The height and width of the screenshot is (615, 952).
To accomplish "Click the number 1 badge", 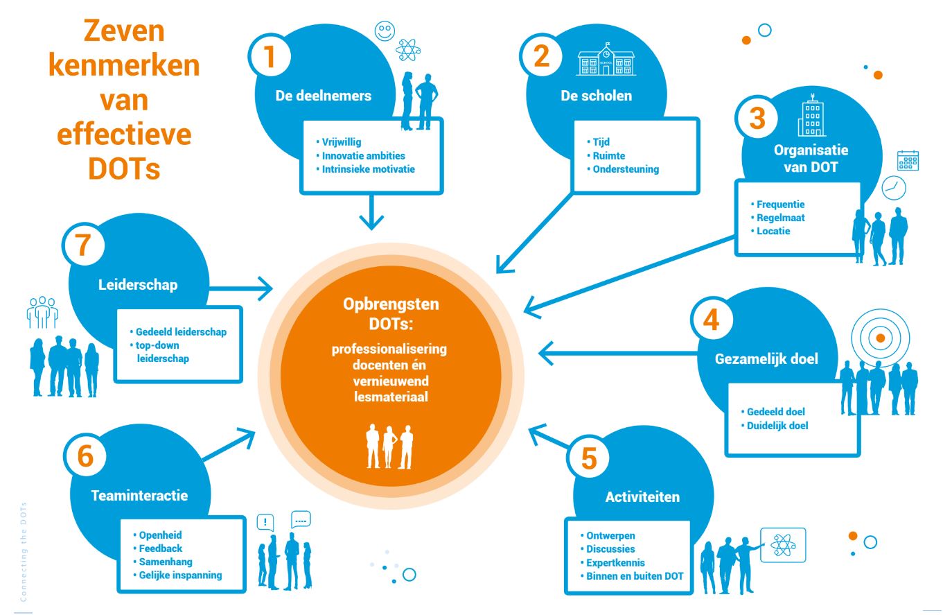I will (270, 56).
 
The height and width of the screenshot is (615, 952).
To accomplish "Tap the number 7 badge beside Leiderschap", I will (83, 245).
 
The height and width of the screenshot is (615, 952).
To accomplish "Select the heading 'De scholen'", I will (596, 96).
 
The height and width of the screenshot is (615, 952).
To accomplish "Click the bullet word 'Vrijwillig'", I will (341, 142).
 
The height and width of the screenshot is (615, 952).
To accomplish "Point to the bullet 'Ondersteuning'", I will (626, 169).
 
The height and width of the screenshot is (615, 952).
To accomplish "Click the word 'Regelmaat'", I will (780, 218).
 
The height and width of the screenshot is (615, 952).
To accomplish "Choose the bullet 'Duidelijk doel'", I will (777, 426).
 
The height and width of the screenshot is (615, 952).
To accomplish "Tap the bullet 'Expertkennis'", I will (615, 563).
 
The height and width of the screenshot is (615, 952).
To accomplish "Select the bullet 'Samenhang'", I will (166, 562).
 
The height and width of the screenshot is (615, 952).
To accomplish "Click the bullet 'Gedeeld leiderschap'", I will (181, 332).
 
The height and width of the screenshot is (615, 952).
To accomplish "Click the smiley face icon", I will (384, 31).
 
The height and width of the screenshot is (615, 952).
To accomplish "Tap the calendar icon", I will (908, 160).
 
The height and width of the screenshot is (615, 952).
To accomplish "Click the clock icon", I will (894, 188).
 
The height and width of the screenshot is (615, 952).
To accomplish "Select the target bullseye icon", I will (879, 338).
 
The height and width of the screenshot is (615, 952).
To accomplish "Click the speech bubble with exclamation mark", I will (265, 522).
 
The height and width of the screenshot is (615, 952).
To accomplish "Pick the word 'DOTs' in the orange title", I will (124, 168).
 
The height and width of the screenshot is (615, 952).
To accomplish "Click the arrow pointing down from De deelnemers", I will (373, 211).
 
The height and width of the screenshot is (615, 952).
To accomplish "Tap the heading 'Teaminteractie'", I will (139, 496).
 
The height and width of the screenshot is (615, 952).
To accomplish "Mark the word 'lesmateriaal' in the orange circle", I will (391, 397).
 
